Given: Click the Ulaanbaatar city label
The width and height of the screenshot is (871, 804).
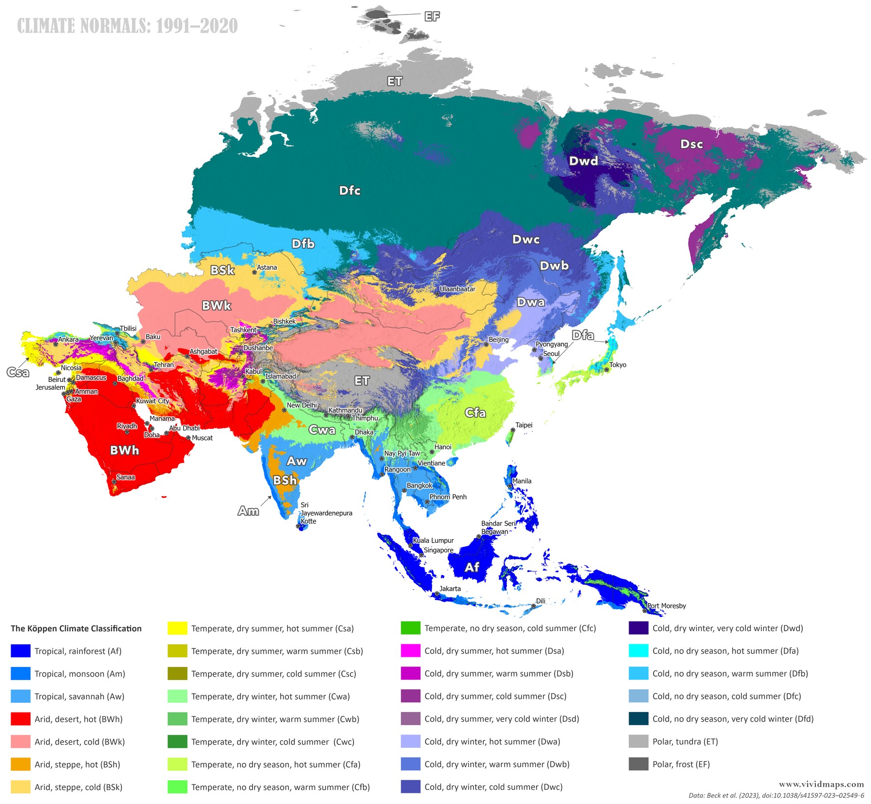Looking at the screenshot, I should tap(457, 289).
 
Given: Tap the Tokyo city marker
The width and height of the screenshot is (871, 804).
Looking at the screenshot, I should tap(606, 370).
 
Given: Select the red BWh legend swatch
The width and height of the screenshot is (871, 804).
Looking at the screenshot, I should tap(20, 719).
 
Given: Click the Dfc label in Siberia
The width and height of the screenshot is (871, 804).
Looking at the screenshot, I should tap(349, 190).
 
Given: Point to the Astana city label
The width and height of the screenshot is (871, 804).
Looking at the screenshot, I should tap(267, 267).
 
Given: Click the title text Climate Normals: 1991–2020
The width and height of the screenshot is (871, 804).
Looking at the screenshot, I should tap(127, 26).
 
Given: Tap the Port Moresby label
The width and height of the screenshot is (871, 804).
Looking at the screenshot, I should tap(666, 606).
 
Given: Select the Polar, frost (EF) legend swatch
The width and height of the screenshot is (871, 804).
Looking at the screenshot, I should tap(638, 764).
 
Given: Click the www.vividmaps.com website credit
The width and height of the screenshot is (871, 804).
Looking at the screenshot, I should tap(821, 784).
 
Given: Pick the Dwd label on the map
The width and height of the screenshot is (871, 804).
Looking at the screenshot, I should tap(583, 161).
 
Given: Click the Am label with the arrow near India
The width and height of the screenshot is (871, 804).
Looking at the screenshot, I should tap(248, 511).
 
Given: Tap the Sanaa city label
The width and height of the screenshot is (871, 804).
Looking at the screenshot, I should tap(125, 477).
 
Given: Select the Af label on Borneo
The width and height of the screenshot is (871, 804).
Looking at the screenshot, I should tap(472, 567).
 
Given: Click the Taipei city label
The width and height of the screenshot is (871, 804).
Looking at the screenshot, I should tap(524, 425).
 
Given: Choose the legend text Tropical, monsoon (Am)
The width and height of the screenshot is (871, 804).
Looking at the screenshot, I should tap(80, 674).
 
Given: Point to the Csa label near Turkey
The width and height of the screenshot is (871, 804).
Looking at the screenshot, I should tap(18, 372).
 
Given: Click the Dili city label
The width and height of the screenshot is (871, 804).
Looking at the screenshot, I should tap(541, 601).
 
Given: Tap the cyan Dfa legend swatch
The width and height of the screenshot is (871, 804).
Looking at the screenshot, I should tap(638, 651).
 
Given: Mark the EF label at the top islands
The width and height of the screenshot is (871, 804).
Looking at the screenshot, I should tap(432, 16).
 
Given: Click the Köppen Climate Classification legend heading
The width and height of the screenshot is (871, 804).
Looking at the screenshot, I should tap(76, 628).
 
